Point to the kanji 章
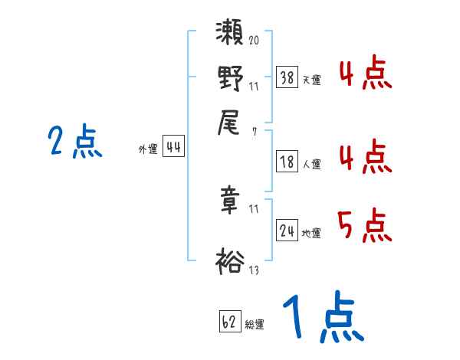tap(231, 200)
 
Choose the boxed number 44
tap(173, 148)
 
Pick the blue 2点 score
tap(74, 142)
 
